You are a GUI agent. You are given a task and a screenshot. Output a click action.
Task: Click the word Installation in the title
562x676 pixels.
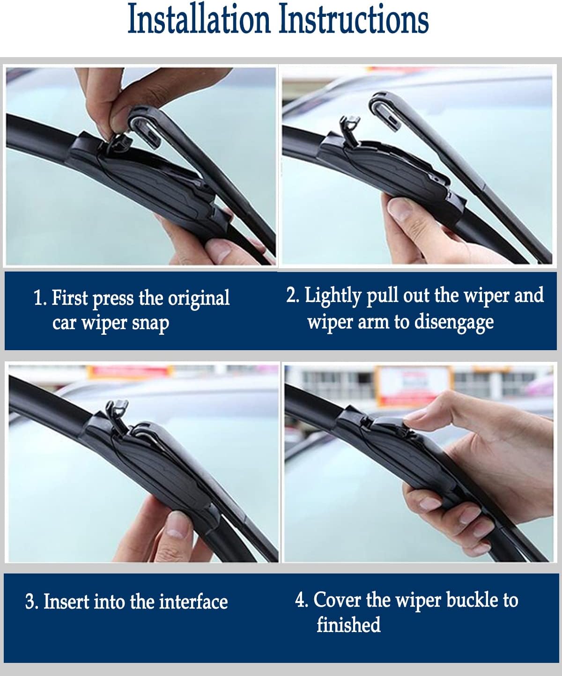point(199,20)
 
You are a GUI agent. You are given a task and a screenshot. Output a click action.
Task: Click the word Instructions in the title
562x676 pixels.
point(354,20)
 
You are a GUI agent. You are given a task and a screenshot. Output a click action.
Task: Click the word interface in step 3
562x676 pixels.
point(193,602)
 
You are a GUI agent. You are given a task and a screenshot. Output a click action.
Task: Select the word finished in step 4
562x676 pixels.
point(348,625)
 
